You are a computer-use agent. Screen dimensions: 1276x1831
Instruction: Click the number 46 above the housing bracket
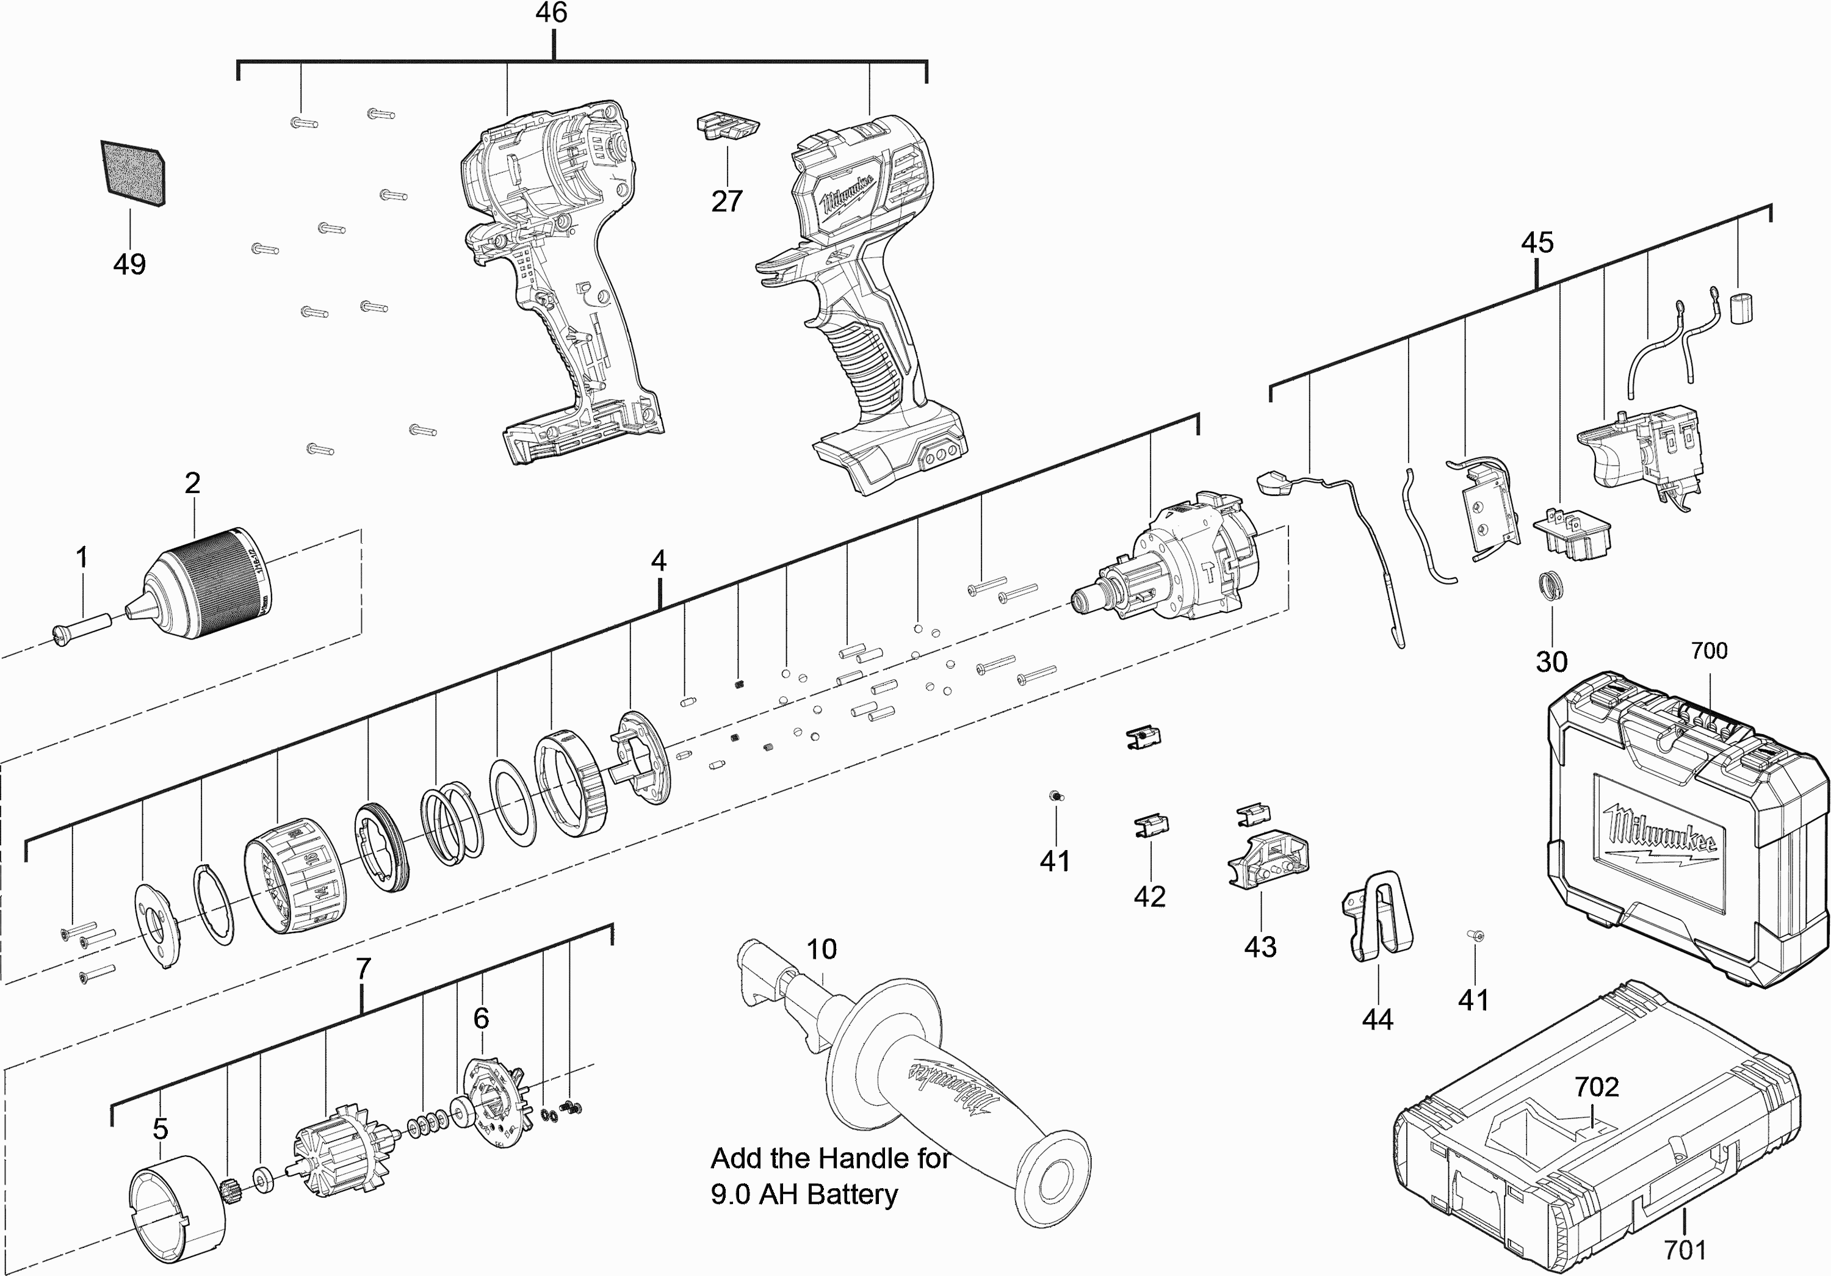coord(551,13)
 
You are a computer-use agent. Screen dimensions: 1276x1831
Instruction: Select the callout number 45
coord(1537,242)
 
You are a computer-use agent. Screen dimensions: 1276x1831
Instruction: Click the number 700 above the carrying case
coord(1709,651)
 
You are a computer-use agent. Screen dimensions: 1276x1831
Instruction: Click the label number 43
coord(1260,946)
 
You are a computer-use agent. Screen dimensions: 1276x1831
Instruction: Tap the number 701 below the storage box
coord(1685,1250)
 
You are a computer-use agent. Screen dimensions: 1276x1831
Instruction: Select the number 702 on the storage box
coord(1597,1087)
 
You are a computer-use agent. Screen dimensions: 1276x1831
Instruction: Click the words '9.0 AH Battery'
coord(804,1194)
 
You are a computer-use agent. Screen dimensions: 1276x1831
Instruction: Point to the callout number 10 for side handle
coord(822,949)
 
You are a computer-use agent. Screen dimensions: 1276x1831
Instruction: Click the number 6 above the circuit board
coord(481,1018)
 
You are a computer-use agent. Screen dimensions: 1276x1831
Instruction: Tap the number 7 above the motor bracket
coord(363,969)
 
